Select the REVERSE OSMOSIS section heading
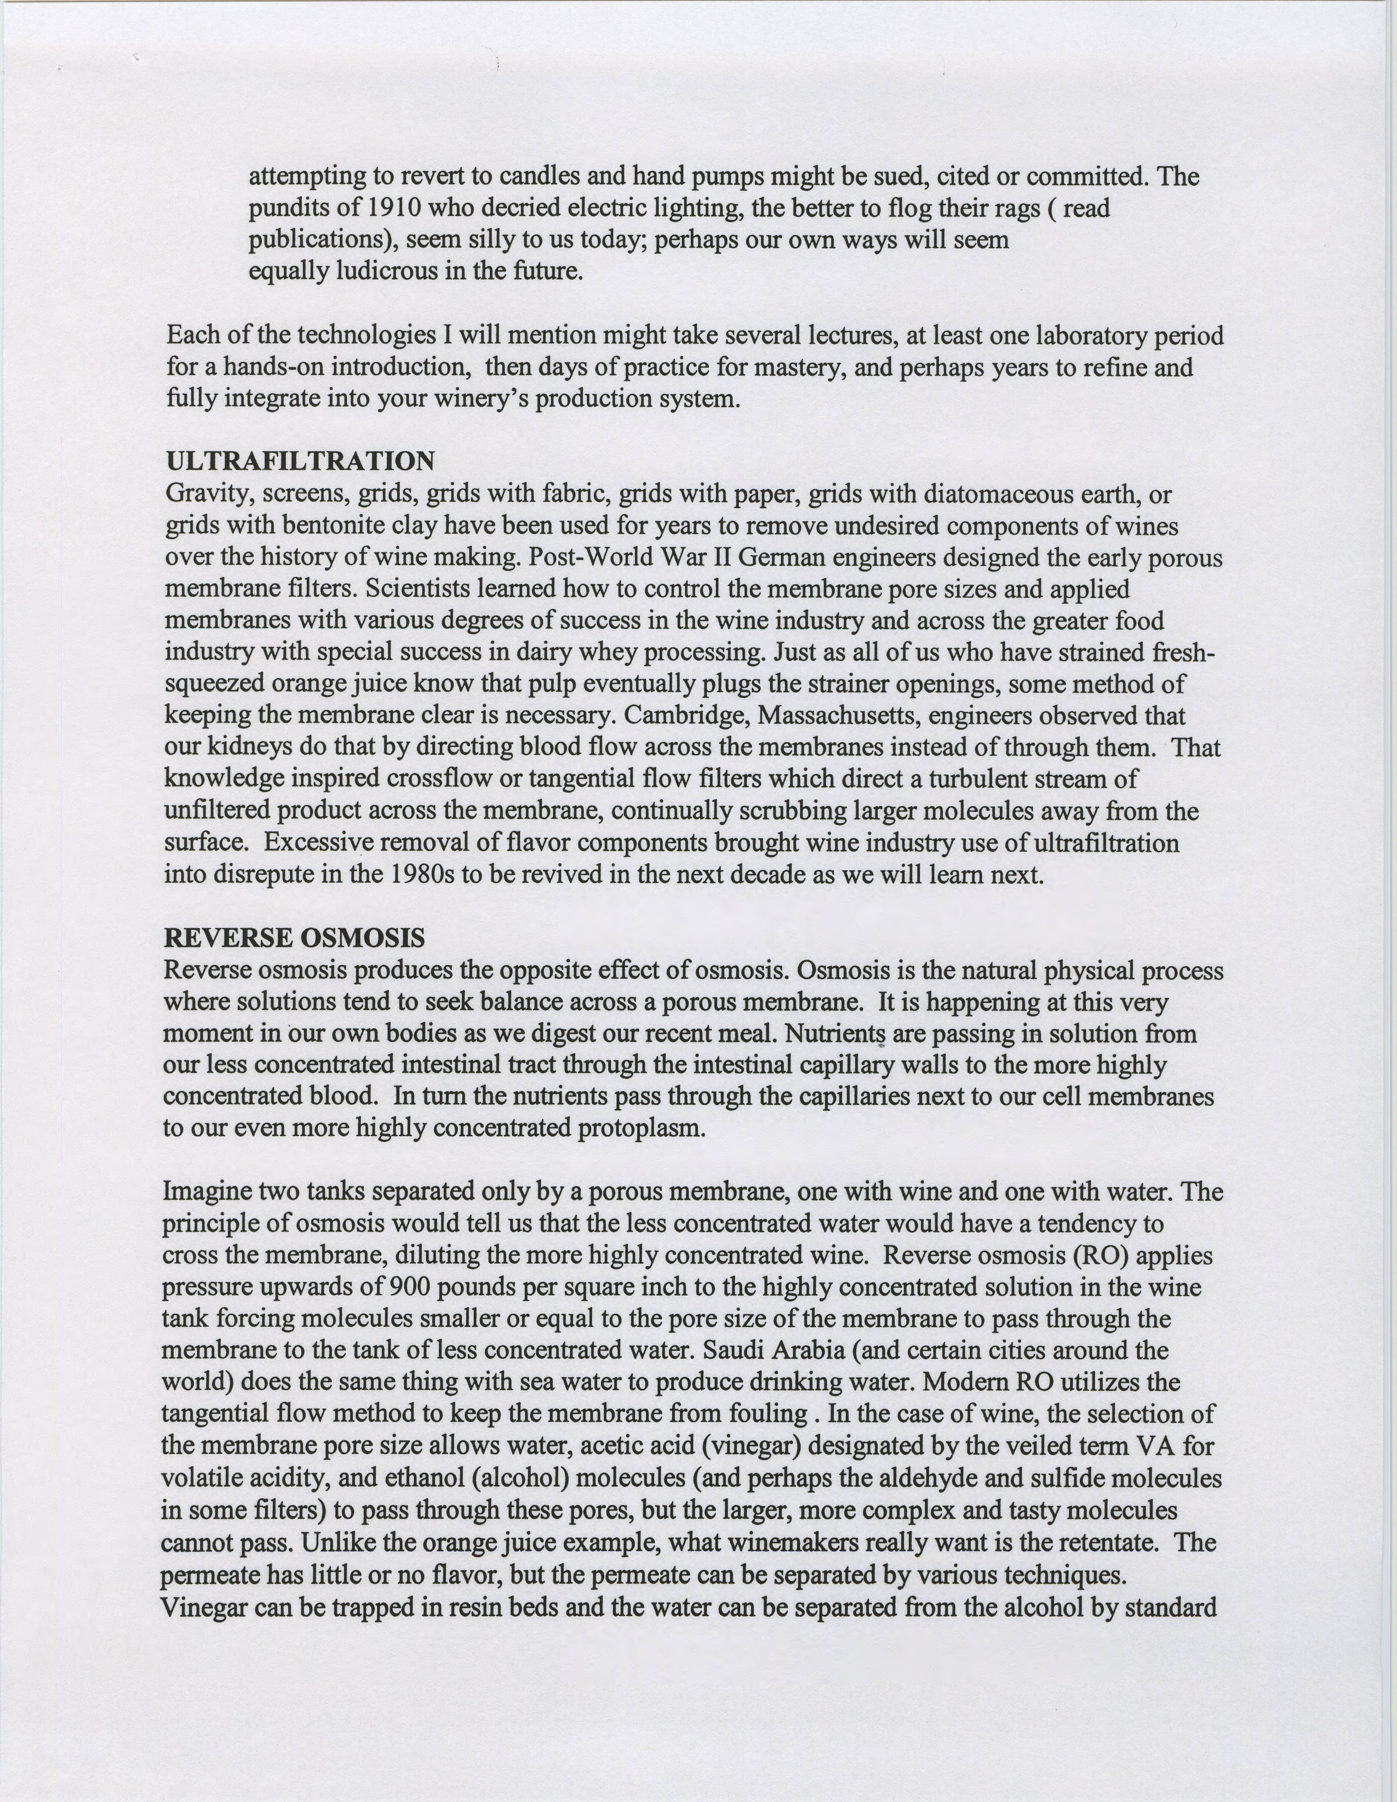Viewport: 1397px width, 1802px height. pyautogui.click(x=294, y=938)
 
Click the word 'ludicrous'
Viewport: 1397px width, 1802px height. pyautogui.click(x=387, y=271)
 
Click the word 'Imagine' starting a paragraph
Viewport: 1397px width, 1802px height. pyautogui.click(x=208, y=1191)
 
